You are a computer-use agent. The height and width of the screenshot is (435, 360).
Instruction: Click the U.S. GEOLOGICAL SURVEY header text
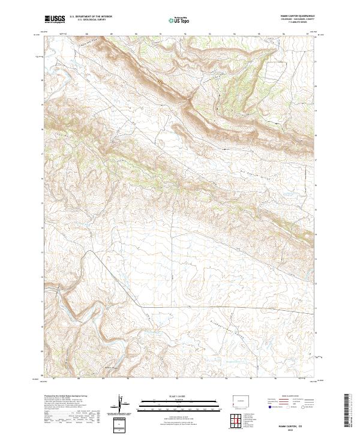point(90,20)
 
